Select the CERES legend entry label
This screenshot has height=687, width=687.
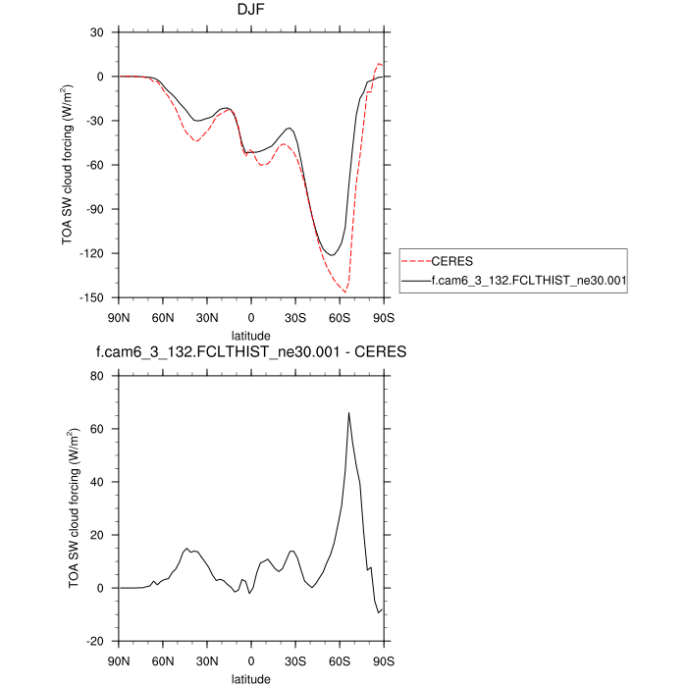point(451,262)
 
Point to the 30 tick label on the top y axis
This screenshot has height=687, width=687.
point(98,32)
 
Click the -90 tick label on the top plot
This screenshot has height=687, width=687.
point(96,209)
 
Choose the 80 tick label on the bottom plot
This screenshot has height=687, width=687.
point(98,375)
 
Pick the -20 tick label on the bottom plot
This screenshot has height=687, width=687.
point(96,641)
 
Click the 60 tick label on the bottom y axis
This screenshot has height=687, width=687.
point(98,429)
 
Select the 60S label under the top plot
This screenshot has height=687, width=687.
point(340,317)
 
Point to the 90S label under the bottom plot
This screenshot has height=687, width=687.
point(384,661)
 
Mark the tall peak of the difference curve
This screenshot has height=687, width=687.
point(348,413)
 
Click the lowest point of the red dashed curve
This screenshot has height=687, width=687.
point(344,292)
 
